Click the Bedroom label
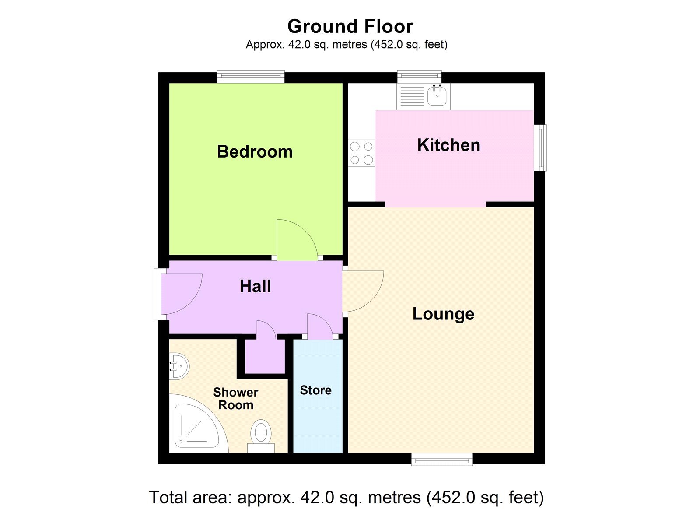[255, 152]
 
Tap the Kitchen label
[448, 145]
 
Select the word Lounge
[443, 314]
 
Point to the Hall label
[255, 287]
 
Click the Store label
[315, 390]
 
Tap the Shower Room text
[235, 399]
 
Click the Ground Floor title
[350, 27]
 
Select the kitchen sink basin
[437, 95]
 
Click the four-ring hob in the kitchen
[361, 153]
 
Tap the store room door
[319, 326]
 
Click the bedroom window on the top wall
[251, 77]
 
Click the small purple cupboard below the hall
[265, 357]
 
